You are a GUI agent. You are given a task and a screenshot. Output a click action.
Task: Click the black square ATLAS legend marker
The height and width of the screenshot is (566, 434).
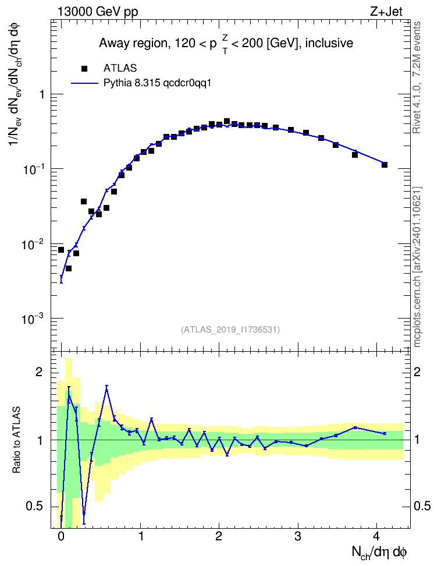[x=84, y=68]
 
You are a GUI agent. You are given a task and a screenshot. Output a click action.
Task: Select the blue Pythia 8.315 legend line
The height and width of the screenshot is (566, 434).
[x=84, y=83]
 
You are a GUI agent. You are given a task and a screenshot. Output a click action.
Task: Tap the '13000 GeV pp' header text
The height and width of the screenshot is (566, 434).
[x=98, y=12]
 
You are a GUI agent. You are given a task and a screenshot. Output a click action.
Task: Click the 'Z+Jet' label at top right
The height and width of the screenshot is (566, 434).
[x=386, y=12]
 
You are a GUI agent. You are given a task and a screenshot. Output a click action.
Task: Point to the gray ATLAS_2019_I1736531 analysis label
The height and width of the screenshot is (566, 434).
[x=230, y=330]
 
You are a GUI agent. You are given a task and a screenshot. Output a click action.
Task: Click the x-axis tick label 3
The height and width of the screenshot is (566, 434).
[x=298, y=536]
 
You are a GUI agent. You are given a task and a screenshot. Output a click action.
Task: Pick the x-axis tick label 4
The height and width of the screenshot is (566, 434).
[x=376, y=536]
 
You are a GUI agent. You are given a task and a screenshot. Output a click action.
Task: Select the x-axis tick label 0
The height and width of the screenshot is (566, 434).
[x=61, y=536]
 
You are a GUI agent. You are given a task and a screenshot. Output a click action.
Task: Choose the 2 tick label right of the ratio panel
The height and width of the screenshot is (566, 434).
[x=417, y=372]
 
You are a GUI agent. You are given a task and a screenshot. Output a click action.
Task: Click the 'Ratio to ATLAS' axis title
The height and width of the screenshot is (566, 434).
[x=16, y=440]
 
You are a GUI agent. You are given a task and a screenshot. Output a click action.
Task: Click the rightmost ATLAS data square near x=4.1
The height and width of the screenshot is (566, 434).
[x=385, y=165]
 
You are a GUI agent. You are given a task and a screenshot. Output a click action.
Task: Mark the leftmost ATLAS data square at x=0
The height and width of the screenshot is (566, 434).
[x=61, y=250]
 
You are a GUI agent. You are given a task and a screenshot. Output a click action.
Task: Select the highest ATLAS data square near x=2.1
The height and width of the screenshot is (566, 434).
[x=227, y=121]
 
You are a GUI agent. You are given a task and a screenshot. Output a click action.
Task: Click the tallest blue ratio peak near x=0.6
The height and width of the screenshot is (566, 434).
[x=107, y=386]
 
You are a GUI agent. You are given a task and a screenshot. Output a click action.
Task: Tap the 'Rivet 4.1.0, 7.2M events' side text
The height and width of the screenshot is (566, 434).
[x=417, y=77]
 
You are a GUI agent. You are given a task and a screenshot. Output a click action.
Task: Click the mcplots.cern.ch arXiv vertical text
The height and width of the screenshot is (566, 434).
[x=417, y=267]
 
